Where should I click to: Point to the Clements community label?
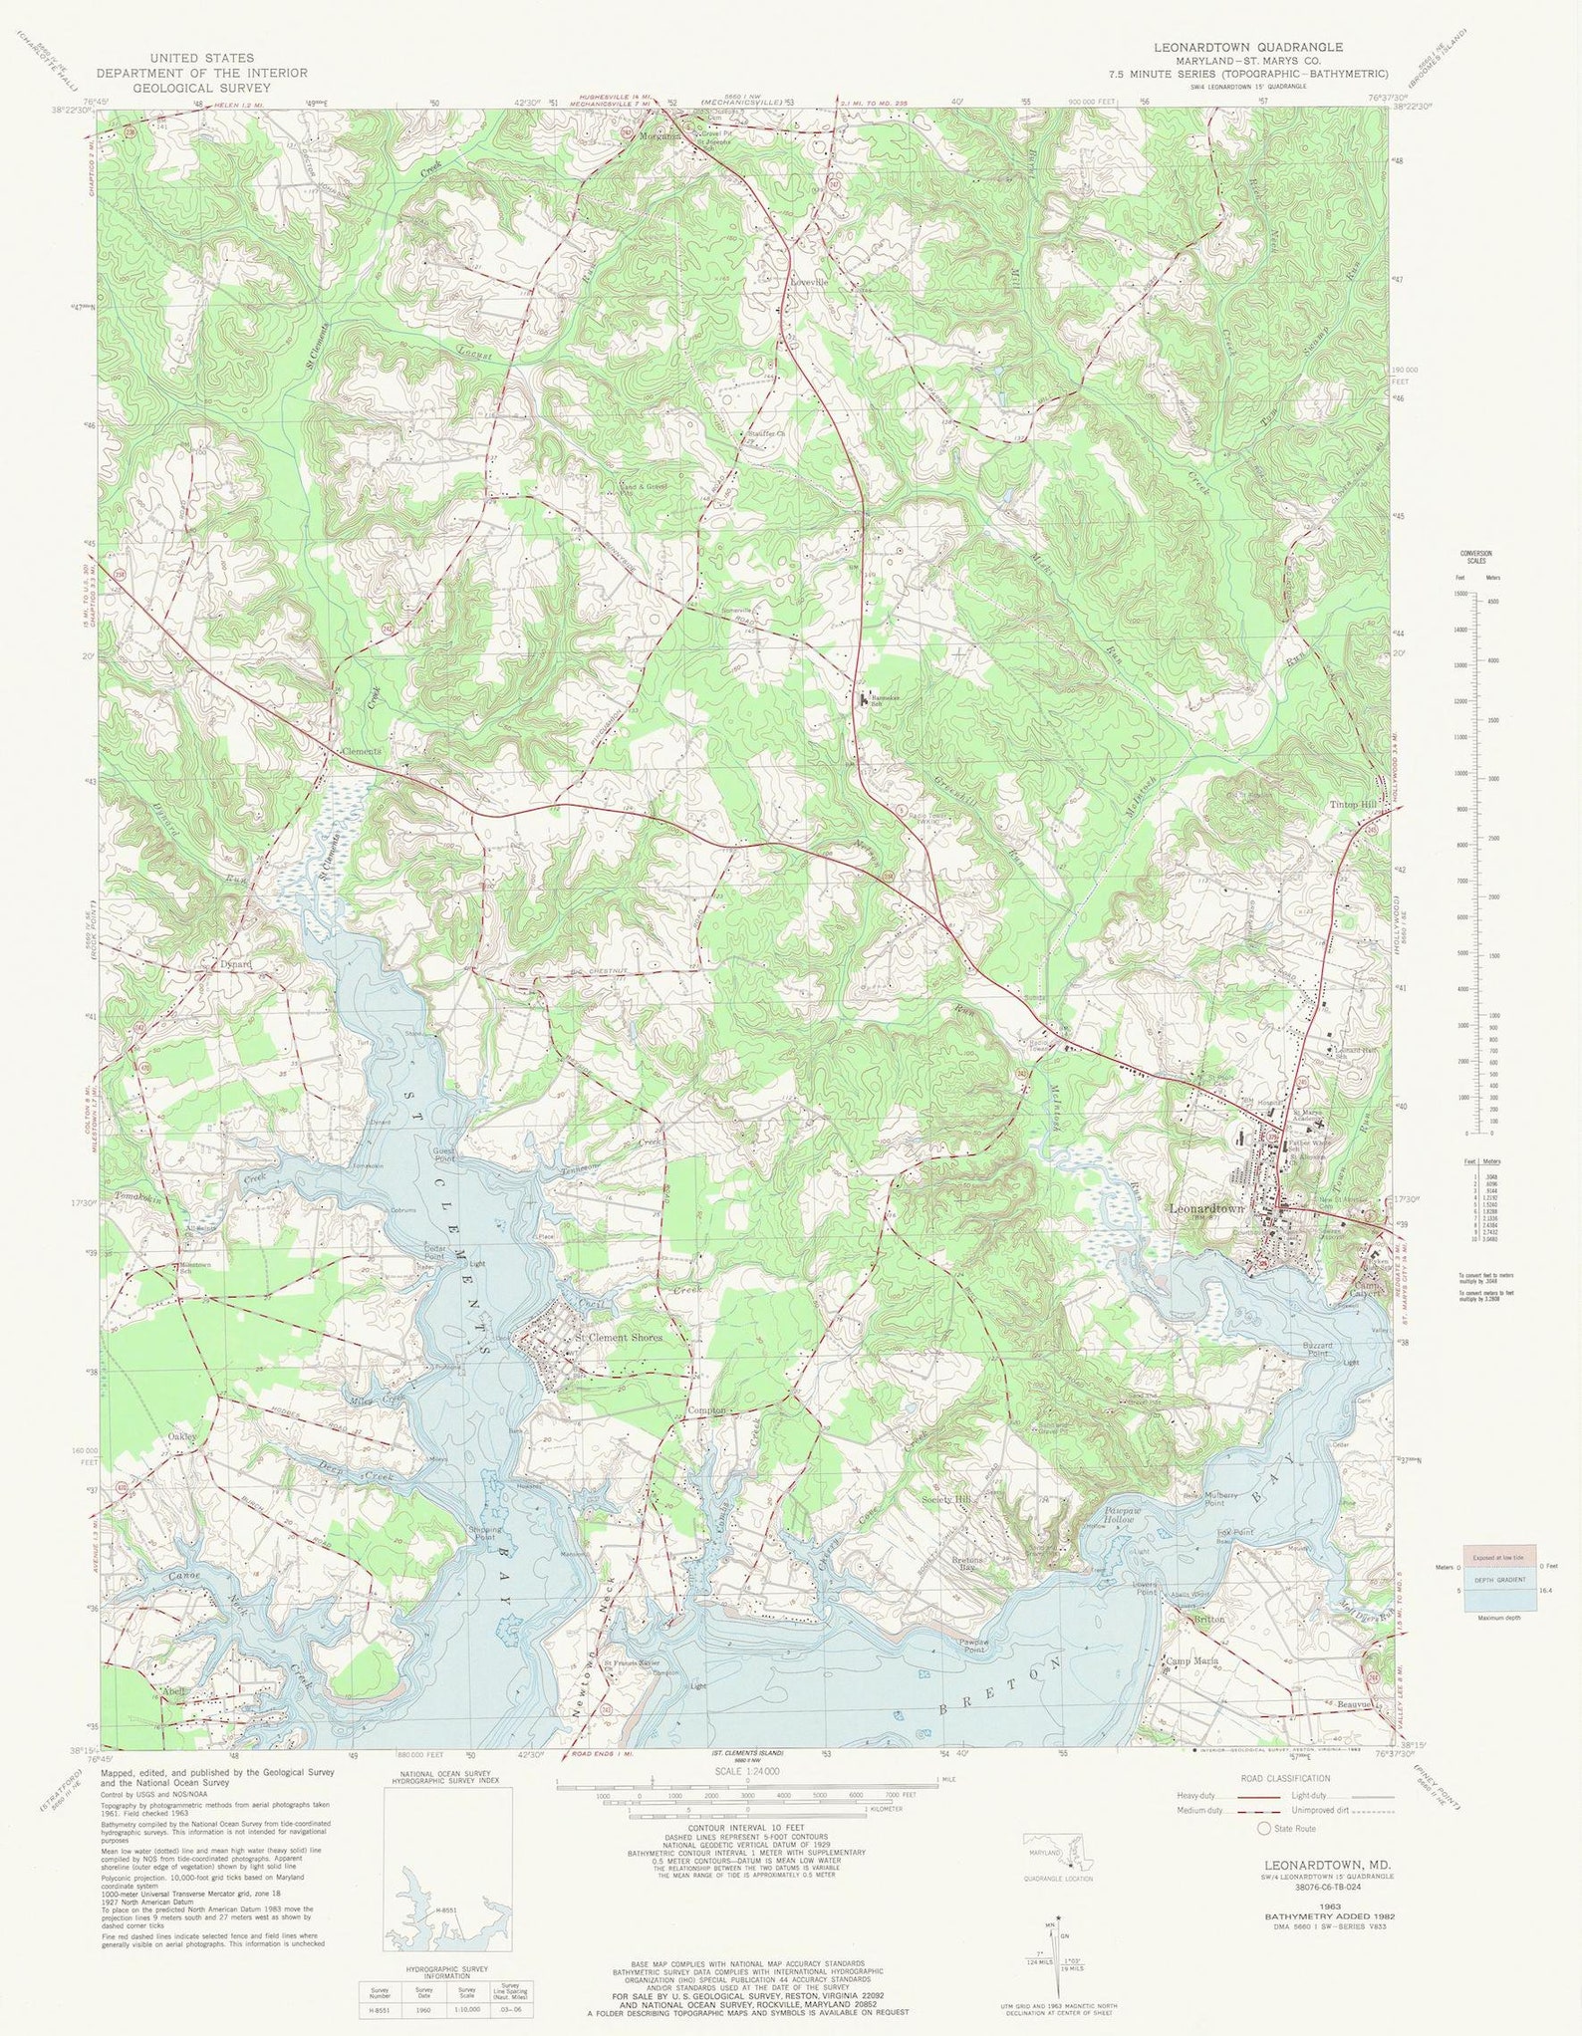click(361, 752)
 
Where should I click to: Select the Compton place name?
click(707, 1411)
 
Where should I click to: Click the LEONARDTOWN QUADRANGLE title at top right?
click(1248, 47)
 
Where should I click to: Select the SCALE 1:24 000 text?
click(746, 1770)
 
